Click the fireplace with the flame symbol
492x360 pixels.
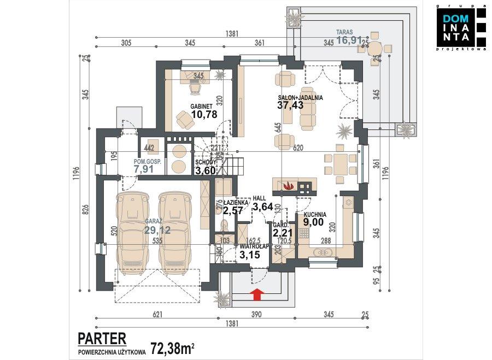(289, 186)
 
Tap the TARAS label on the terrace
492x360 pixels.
(344, 32)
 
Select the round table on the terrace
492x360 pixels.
(374, 50)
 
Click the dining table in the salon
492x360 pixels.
(340, 163)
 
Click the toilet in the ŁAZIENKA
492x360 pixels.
(223, 224)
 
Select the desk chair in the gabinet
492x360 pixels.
(195, 86)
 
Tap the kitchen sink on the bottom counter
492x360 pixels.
(324, 252)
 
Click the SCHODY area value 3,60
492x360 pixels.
(207, 171)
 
